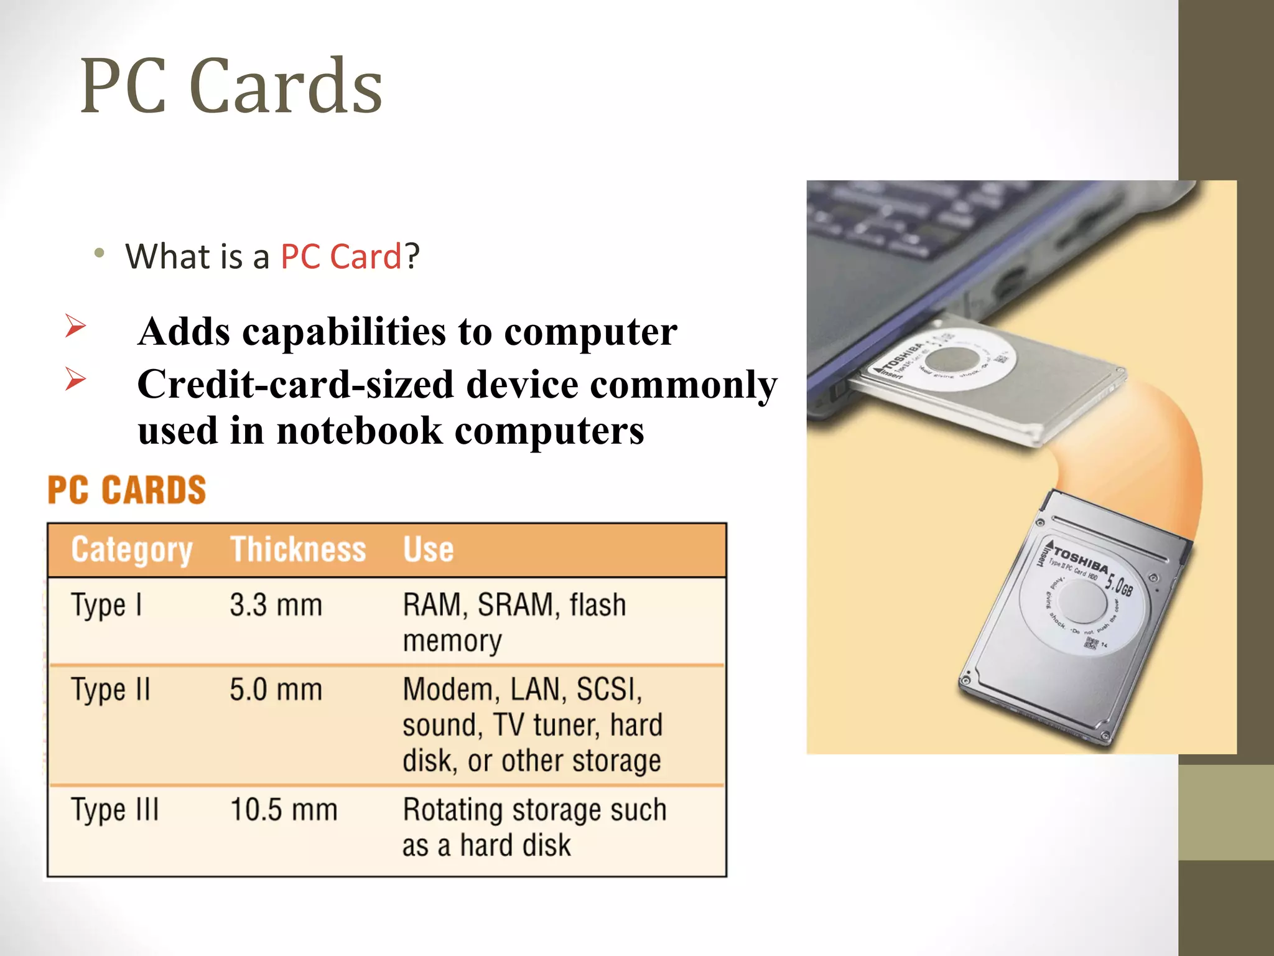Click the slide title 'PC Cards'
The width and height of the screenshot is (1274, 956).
click(x=231, y=87)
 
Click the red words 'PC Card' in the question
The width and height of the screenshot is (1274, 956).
click(x=341, y=256)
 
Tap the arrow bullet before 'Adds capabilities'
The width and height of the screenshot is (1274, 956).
click(x=75, y=326)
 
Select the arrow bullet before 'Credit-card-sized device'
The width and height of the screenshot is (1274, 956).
click(x=75, y=379)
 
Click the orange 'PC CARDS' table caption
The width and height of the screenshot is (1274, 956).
click(x=127, y=490)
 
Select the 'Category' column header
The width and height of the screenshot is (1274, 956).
click(x=132, y=550)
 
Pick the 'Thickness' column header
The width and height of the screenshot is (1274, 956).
click(x=298, y=550)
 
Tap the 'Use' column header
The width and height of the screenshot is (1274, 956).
click(x=428, y=550)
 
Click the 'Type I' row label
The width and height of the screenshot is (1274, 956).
click(x=106, y=606)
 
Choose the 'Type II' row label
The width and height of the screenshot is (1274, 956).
click(x=111, y=690)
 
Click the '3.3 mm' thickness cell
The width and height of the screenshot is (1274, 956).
click(x=276, y=606)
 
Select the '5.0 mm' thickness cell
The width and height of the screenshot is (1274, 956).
click(x=276, y=690)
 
